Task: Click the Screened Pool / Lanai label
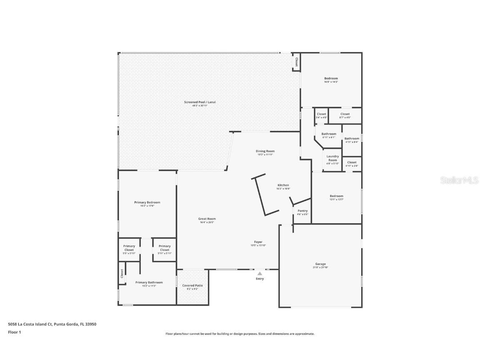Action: click(x=200, y=102)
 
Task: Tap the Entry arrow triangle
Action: click(x=260, y=274)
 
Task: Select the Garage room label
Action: click(x=320, y=264)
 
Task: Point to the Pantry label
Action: click(x=302, y=211)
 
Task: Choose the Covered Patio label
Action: click(x=192, y=285)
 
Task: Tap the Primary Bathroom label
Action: click(x=149, y=282)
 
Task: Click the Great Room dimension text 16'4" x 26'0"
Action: click(x=207, y=222)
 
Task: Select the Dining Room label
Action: click(x=265, y=151)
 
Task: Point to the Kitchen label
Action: click(x=283, y=185)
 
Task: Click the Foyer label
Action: click(x=258, y=242)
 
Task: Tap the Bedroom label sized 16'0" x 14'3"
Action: click(x=331, y=78)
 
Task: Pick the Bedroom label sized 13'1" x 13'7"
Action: click(x=337, y=196)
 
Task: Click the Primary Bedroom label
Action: click(x=147, y=202)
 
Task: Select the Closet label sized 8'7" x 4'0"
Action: click(x=345, y=114)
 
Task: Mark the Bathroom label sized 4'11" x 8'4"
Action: click(x=352, y=138)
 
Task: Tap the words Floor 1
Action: click(x=14, y=332)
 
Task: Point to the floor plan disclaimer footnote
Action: click(x=240, y=334)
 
